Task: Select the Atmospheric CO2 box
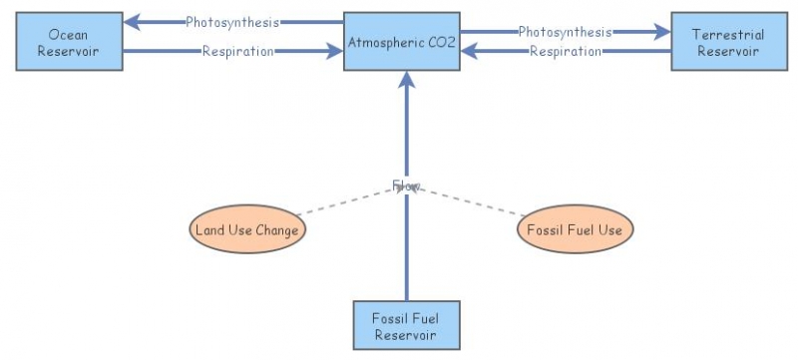point(402,42)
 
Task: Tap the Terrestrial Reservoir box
point(728,42)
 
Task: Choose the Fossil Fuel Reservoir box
point(406,326)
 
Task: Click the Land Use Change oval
point(246,230)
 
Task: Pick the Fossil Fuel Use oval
point(576,230)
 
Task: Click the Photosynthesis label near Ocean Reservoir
point(232,22)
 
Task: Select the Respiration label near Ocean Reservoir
point(237,52)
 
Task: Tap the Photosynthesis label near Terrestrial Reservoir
point(565,32)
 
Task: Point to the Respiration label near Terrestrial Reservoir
point(564,52)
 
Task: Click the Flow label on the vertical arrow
point(406,185)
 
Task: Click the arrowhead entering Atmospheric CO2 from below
point(406,81)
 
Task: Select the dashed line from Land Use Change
point(339,202)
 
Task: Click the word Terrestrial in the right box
point(728,35)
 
